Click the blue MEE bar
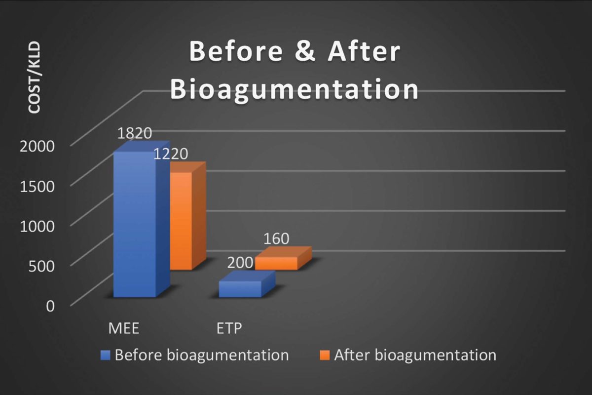point(142,220)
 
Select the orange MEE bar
point(187,216)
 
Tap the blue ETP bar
point(247,284)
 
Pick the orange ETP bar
point(283,258)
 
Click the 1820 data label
point(135,133)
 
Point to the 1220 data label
point(171,154)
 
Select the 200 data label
point(240,263)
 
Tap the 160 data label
point(276,238)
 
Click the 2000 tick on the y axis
point(37,146)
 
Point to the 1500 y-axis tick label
point(37,186)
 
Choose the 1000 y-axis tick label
point(37,226)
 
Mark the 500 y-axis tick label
point(41,266)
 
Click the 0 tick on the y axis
point(50,306)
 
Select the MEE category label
point(124,328)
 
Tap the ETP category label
point(229,328)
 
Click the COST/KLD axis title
point(35,77)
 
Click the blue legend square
point(105,355)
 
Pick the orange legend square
point(325,355)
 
